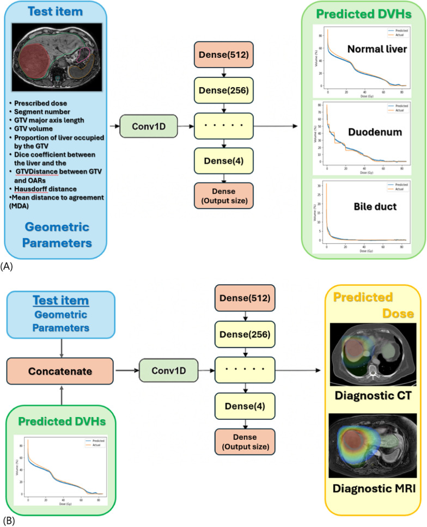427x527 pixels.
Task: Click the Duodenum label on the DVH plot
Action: click(x=371, y=132)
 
